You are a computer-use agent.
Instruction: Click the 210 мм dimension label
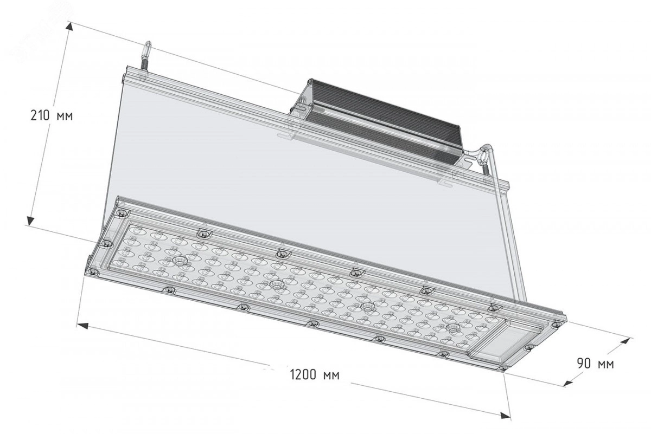[x=52, y=116]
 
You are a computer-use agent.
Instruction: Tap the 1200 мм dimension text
[x=315, y=375]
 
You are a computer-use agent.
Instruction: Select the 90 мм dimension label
[x=596, y=363]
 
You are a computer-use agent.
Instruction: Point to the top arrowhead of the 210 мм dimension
[x=69, y=28]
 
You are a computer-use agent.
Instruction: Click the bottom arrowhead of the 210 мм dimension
[x=30, y=220]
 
